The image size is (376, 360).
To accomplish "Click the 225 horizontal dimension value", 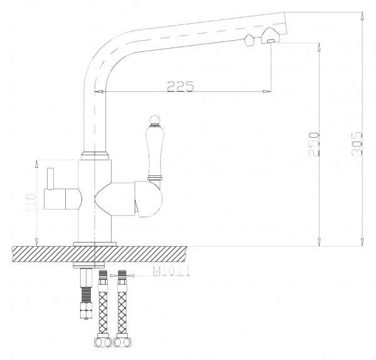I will [x=180, y=87].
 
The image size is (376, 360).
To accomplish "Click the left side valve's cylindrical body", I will [x=63, y=200].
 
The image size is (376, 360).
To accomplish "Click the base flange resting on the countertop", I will [x=95, y=243].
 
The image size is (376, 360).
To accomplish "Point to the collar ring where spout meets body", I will [x=95, y=152].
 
